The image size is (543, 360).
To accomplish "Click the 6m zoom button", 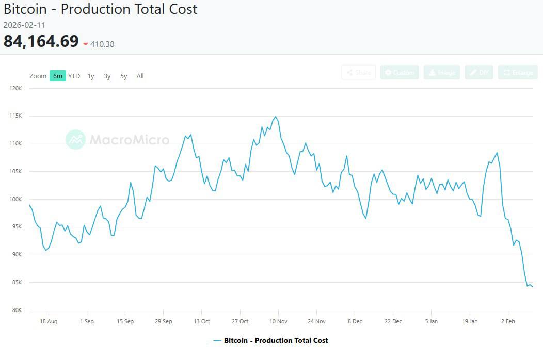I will coord(57,76).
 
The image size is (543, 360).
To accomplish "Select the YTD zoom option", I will coord(74,76).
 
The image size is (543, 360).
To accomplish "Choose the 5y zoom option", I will coord(123,76).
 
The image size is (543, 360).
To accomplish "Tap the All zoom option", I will coord(140,76).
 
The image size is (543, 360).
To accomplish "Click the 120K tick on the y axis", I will coord(15,88).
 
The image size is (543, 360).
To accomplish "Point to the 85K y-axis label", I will coord(16,282).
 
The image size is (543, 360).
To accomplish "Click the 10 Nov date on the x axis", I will coord(278,321).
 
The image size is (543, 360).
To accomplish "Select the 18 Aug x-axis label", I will coord(49,321).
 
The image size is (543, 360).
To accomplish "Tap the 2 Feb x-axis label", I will coord(508,321).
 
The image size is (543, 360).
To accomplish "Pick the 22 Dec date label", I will coord(393,321).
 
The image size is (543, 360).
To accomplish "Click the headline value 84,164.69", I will coord(41,41).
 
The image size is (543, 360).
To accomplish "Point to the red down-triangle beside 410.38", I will coord(86,44).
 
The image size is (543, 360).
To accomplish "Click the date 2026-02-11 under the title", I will coord(25,25).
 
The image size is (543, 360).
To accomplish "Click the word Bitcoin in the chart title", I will coord(26,9).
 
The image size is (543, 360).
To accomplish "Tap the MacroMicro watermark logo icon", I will coord(76,139).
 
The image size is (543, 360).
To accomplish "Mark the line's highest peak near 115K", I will coord(276,117).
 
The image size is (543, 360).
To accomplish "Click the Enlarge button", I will coord(518,73).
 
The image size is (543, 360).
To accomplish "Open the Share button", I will coord(358,73).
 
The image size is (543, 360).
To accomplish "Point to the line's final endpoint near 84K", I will coord(532,287).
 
